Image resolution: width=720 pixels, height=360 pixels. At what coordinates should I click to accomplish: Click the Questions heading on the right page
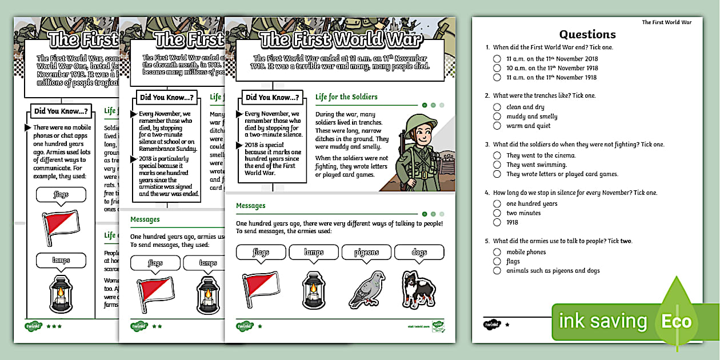point(587,34)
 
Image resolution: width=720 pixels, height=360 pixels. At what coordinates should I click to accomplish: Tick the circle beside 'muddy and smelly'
point(497,117)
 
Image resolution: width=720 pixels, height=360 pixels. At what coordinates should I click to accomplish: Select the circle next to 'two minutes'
point(497,213)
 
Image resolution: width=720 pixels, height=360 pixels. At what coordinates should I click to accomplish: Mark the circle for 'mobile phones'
point(497,252)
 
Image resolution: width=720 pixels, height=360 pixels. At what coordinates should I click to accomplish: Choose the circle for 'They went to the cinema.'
point(497,155)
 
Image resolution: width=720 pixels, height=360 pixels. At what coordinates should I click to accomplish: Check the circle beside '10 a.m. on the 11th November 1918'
point(497,68)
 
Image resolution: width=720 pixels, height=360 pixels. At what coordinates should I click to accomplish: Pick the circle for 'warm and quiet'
point(497,126)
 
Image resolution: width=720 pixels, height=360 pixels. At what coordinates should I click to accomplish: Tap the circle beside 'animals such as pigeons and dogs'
point(497,271)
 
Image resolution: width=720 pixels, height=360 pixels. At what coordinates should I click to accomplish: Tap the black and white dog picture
point(419,290)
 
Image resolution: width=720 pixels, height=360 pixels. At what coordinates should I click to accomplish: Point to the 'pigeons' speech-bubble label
point(366,252)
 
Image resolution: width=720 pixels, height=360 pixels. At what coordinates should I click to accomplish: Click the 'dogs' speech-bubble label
point(419,252)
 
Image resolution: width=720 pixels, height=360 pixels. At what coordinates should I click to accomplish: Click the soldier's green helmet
point(421,122)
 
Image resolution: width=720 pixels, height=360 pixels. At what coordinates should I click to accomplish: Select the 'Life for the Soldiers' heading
point(346,97)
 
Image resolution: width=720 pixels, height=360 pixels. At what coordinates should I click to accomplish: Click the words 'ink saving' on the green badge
point(602,321)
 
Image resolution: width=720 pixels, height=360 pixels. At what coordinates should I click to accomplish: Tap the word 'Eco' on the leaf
point(677,321)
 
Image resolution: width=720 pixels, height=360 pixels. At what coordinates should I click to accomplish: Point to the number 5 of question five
point(487,241)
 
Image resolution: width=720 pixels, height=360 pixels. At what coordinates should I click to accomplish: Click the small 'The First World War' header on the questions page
point(666,22)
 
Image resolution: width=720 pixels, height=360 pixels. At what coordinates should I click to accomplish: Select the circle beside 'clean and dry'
point(497,107)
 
